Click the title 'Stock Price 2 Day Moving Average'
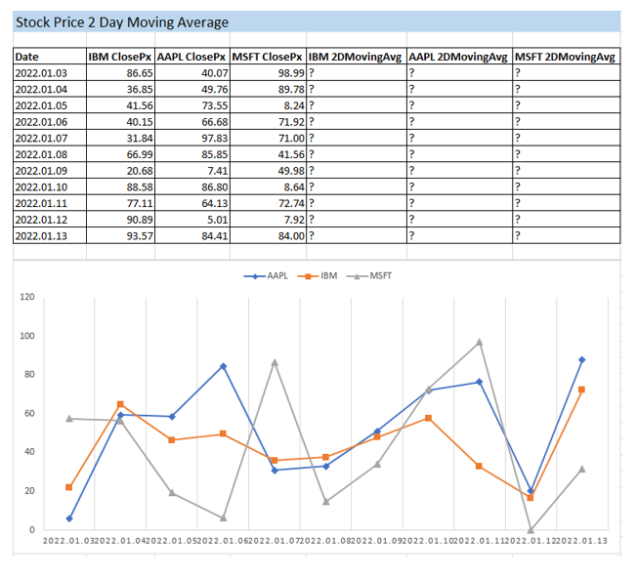(x=122, y=22)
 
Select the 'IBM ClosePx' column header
(x=117, y=58)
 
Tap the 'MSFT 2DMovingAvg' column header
(x=566, y=58)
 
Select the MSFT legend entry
(x=371, y=276)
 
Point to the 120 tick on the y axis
(x=26, y=297)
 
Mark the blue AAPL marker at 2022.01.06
(x=223, y=366)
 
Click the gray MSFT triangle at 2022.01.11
(x=480, y=343)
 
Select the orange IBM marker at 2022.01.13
(x=581, y=390)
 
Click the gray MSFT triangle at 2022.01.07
(x=275, y=362)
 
